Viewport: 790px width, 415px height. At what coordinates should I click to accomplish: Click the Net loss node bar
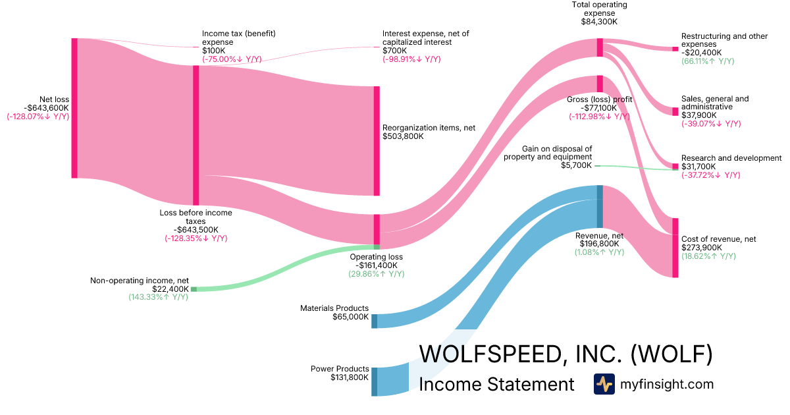point(74,108)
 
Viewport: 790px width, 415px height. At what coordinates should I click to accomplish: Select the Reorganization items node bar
point(377,141)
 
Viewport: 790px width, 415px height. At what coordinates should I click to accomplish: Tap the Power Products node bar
point(375,381)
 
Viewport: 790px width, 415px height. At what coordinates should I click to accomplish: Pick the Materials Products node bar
point(375,321)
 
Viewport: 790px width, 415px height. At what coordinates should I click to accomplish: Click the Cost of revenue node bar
point(675,248)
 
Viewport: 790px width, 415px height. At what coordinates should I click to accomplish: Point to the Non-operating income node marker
point(194,289)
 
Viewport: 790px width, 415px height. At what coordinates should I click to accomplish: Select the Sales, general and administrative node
point(675,111)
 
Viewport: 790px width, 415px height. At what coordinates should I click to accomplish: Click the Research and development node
point(675,166)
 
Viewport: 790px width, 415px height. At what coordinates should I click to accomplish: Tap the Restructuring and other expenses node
point(675,49)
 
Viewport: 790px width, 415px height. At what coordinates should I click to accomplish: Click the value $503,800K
point(403,137)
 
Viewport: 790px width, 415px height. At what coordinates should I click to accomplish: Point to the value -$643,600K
point(47,108)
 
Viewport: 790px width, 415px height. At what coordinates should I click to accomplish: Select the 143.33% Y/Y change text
point(158,298)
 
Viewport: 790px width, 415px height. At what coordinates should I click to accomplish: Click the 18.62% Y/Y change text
point(708,256)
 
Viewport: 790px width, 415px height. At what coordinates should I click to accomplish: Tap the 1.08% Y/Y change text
point(599,252)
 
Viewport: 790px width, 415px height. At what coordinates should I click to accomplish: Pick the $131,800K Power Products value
point(350,378)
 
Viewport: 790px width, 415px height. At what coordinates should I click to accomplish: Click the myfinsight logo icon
point(604,384)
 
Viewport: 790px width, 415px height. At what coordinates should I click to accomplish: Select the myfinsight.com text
point(667,384)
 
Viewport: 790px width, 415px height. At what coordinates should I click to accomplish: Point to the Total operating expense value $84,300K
point(598,22)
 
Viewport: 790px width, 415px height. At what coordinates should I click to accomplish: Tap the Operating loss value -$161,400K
point(377,265)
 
